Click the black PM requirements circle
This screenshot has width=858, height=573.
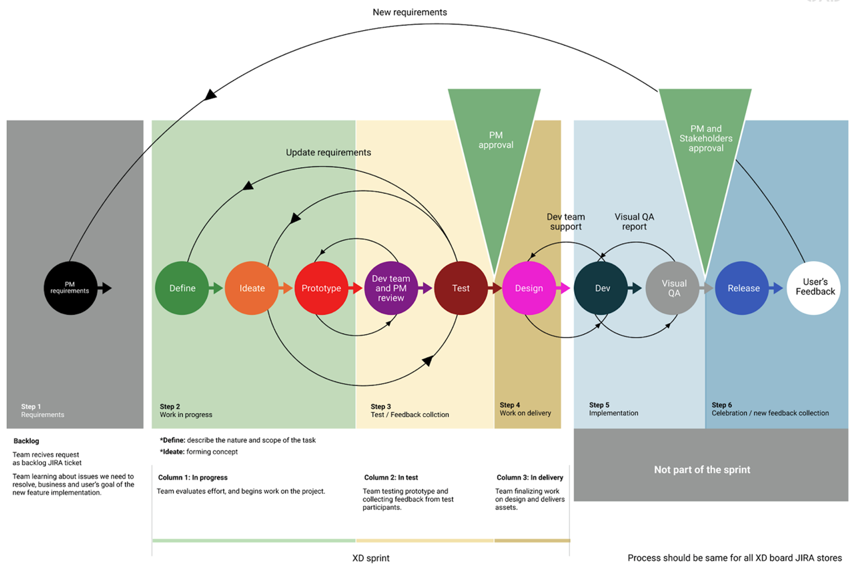[x=71, y=288]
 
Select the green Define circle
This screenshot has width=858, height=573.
[x=182, y=288]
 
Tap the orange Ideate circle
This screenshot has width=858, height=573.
[x=251, y=288]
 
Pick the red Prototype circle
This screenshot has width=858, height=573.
[x=321, y=288]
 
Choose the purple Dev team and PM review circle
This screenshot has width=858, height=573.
[x=391, y=288]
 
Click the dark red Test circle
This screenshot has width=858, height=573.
[x=461, y=288]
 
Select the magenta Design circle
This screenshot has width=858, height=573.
[x=529, y=288]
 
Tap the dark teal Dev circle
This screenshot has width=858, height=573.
[x=601, y=288]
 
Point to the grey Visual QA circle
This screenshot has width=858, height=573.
[x=673, y=288]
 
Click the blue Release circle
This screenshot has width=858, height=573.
[x=742, y=288]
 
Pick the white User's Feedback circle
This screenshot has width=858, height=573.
[x=814, y=288]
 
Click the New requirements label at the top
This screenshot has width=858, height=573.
[x=410, y=13]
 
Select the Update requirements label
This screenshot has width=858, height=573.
[x=328, y=152]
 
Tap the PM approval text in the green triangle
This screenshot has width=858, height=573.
[x=496, y=140]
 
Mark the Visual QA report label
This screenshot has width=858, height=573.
[x=634, y=222]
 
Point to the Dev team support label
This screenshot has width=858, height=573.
[x=566, y=222]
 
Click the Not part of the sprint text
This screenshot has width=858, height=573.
[x=702, y=470]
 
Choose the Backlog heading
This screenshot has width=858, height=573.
[x=26, y=441]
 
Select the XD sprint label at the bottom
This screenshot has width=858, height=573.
[x=371, y=558]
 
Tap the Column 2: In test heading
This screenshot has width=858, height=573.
[x=391, y=477]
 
